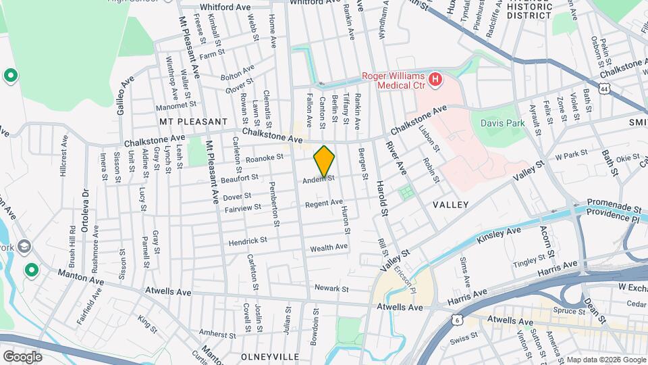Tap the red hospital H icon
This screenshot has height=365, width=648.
pos(435,80)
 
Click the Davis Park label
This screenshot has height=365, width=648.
pos(498,123)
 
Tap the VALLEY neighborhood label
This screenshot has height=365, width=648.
pos(450,204)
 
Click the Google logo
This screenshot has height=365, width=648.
pos(22,356)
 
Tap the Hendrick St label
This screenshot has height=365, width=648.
pos(248,240)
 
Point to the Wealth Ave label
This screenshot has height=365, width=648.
pos(329,247)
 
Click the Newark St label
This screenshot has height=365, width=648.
pos(331,289)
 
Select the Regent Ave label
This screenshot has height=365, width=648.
pos(324,203)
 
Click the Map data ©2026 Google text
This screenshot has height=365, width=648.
pos(605,360)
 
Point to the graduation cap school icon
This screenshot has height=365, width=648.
pos(25,246)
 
